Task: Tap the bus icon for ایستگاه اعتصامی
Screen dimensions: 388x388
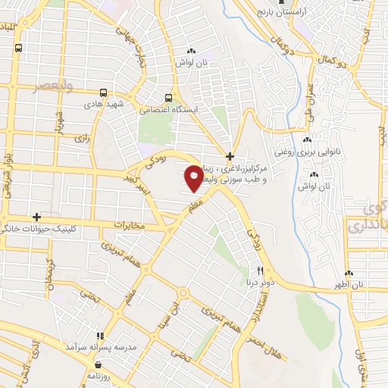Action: coord(169,98)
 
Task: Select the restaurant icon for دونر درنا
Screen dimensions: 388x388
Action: coord(260,271)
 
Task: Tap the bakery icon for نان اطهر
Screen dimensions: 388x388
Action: coord(349,274)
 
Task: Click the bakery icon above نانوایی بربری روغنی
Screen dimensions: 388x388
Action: coord(307,139)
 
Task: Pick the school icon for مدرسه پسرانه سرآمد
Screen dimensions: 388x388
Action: coord(98,336)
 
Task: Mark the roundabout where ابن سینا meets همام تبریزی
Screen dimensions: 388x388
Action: coord(183,293)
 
